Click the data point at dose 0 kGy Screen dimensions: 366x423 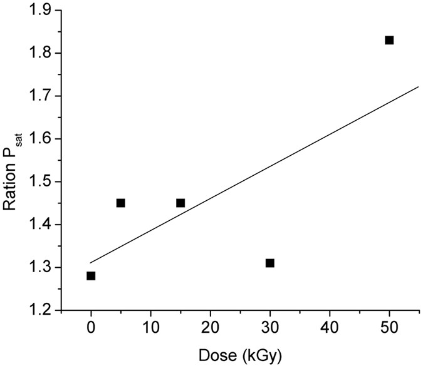(x=91, y=276)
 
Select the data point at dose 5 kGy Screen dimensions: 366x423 (x=121, y=203)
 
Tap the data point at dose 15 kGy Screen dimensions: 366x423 (x=180, y=203)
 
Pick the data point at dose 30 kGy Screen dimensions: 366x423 (x=270, y=263)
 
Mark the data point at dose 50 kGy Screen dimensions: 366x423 (x=389, y=40)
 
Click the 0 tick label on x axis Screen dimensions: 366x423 (x=91, y=328)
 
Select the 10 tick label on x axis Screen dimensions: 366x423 (x=150, y=328)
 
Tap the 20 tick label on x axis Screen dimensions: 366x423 (x=210, y=328)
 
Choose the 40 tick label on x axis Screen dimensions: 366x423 (x=330, y=328)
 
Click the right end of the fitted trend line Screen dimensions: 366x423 (x=418, y=87)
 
